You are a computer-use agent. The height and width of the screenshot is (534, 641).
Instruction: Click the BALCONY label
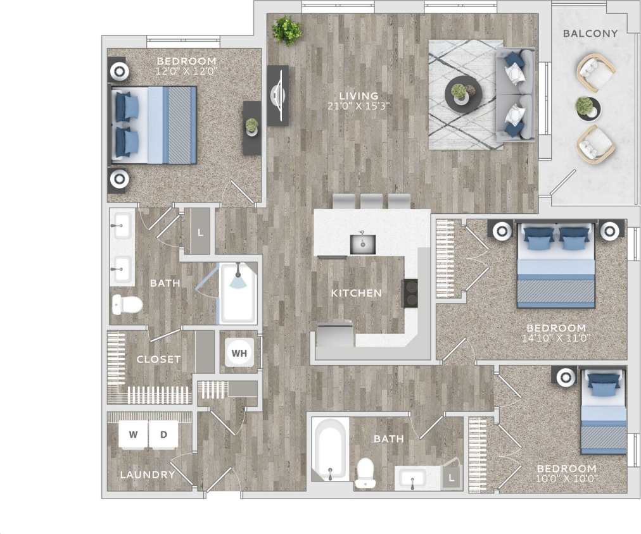coord(590,34)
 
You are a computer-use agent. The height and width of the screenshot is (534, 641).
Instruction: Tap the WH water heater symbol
coord(239,353)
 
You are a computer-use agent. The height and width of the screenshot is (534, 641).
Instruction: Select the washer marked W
coord(133,435)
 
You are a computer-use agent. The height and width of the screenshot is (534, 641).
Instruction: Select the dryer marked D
coord(163,435)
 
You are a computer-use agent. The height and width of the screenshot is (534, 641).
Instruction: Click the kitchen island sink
coord(363,244)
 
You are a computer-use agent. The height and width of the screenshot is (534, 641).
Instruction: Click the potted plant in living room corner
coord(287,30)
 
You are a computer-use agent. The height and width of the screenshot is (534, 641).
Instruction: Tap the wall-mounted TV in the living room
coord(277,95)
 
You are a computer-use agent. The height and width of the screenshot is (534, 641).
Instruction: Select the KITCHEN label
coord(357,293)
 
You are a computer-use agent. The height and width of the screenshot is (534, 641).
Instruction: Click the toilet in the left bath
coord(127,305)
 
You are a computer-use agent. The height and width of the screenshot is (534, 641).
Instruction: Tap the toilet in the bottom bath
coord(365,473)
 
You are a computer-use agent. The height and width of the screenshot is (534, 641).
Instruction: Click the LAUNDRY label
coord(147,475)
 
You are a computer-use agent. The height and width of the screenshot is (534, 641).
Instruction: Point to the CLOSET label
coord(158,359)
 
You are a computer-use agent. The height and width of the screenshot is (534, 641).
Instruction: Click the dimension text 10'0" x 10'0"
coord(566,478)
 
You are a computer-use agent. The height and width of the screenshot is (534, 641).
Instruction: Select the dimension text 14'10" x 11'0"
coord(557,338)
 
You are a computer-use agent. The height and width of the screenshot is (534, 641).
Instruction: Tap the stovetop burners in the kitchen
coord(410,293)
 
